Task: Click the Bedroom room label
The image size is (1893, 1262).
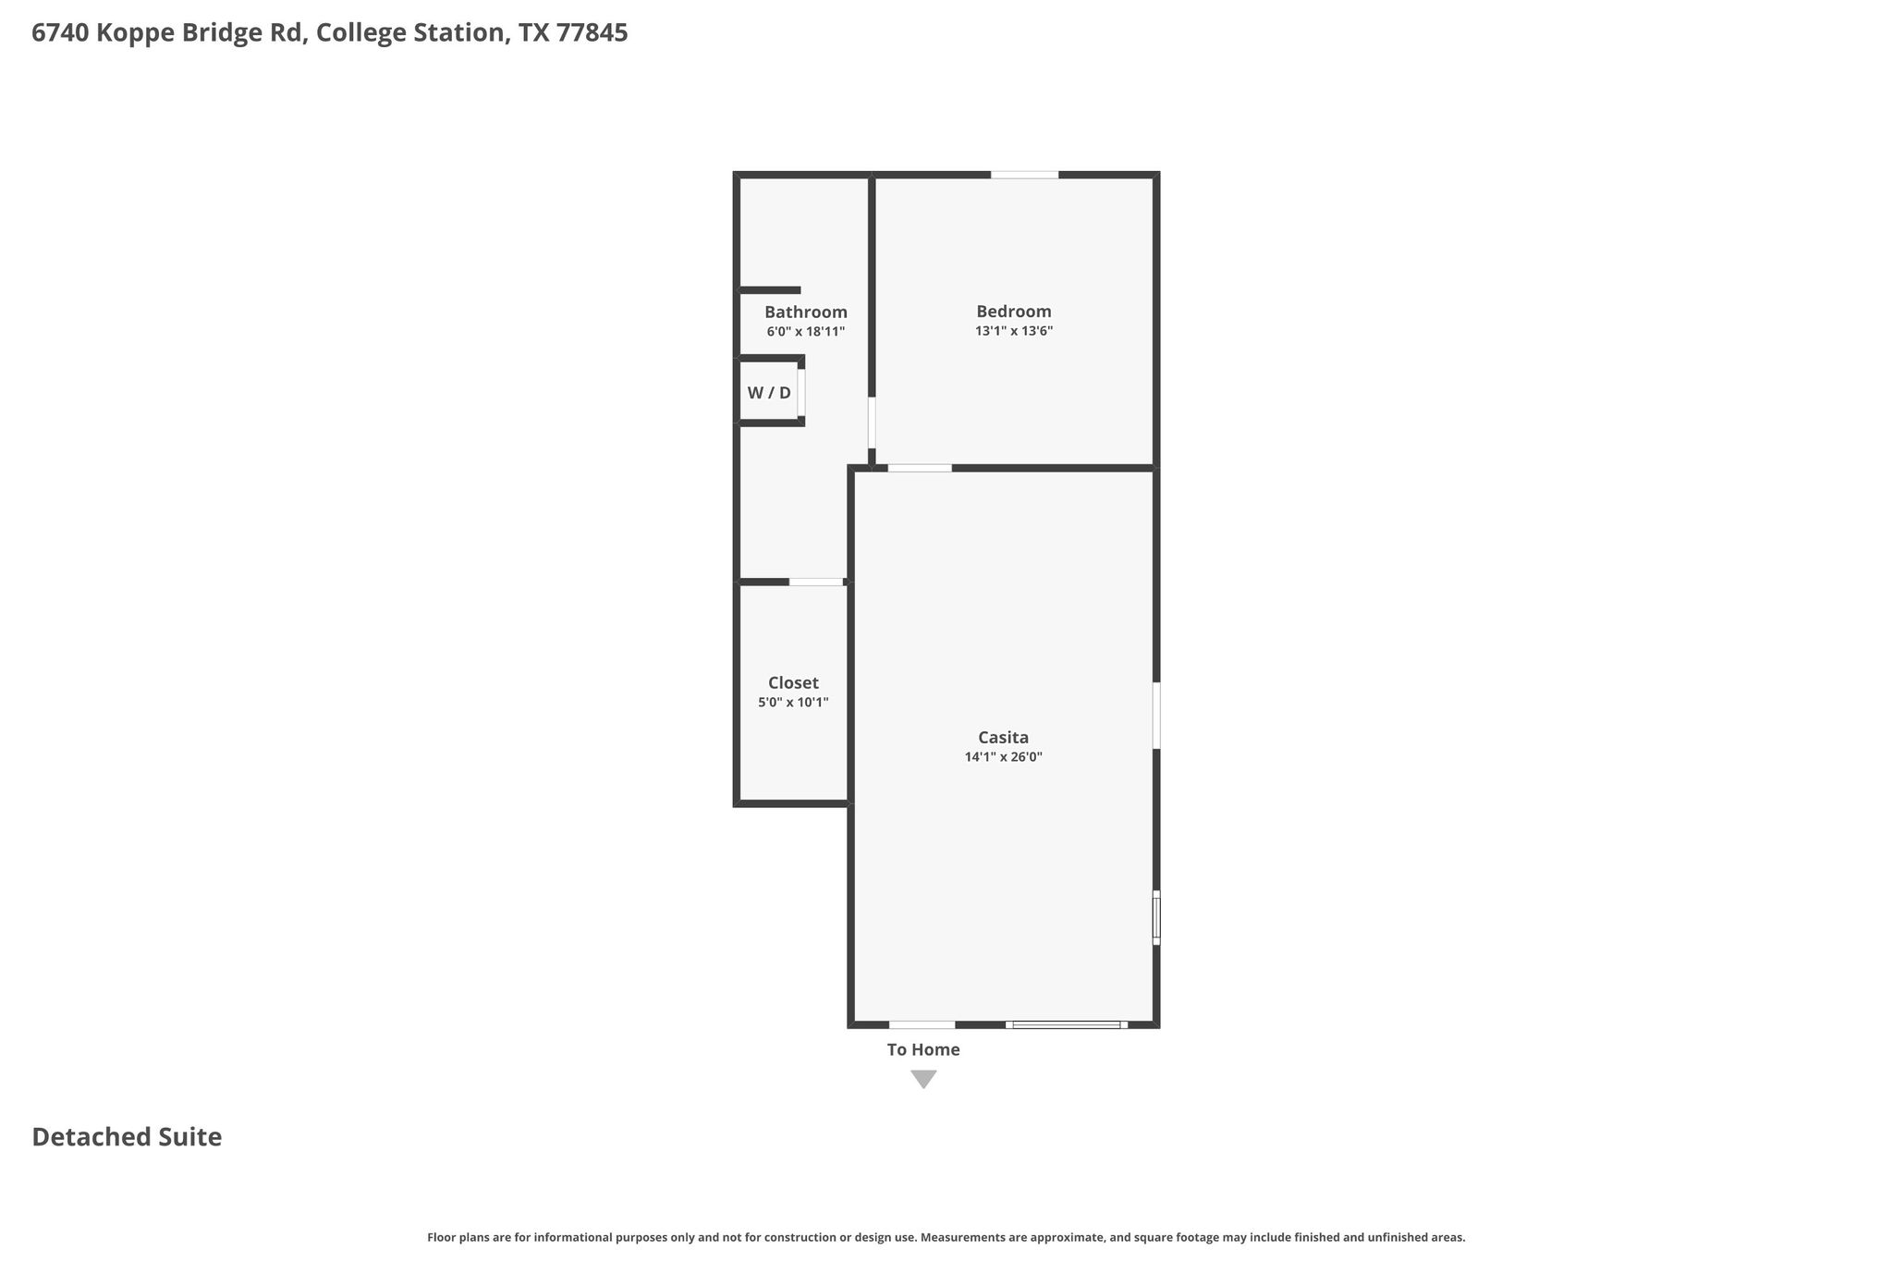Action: (x=1014, y=312)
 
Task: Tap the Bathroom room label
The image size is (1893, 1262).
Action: (x=806, y=312)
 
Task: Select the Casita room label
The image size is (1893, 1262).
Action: (x=1004, y=738)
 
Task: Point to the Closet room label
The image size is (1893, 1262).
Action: (x=793, y=683)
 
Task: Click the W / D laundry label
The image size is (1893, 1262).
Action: (x=769, y=393)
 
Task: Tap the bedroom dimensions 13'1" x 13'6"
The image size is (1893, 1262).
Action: (x=1014, y=331)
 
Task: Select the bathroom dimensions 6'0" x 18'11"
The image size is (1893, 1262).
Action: (x=806, y=331)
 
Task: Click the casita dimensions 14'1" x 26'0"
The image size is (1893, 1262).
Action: (x=1004, y=757)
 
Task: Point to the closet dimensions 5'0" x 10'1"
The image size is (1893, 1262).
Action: (x=793, y=703)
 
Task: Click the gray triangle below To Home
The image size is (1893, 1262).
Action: (x=923, y=1078)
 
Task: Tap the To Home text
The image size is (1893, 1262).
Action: (x=923, y=1050)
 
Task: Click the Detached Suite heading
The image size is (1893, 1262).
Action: (x=127, y=1137)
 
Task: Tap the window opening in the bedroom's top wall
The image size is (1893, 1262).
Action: (x=1025, y=175)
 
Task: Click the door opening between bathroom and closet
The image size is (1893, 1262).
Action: (x=816, y=582)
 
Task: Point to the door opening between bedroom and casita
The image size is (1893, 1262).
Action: (x=920, y=468)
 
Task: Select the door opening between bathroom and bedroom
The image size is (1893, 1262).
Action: (x=872, y=423)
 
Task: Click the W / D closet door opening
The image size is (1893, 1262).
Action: (x=801, y=393)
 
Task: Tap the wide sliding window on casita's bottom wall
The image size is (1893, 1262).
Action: (x=1067, y=1024)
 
